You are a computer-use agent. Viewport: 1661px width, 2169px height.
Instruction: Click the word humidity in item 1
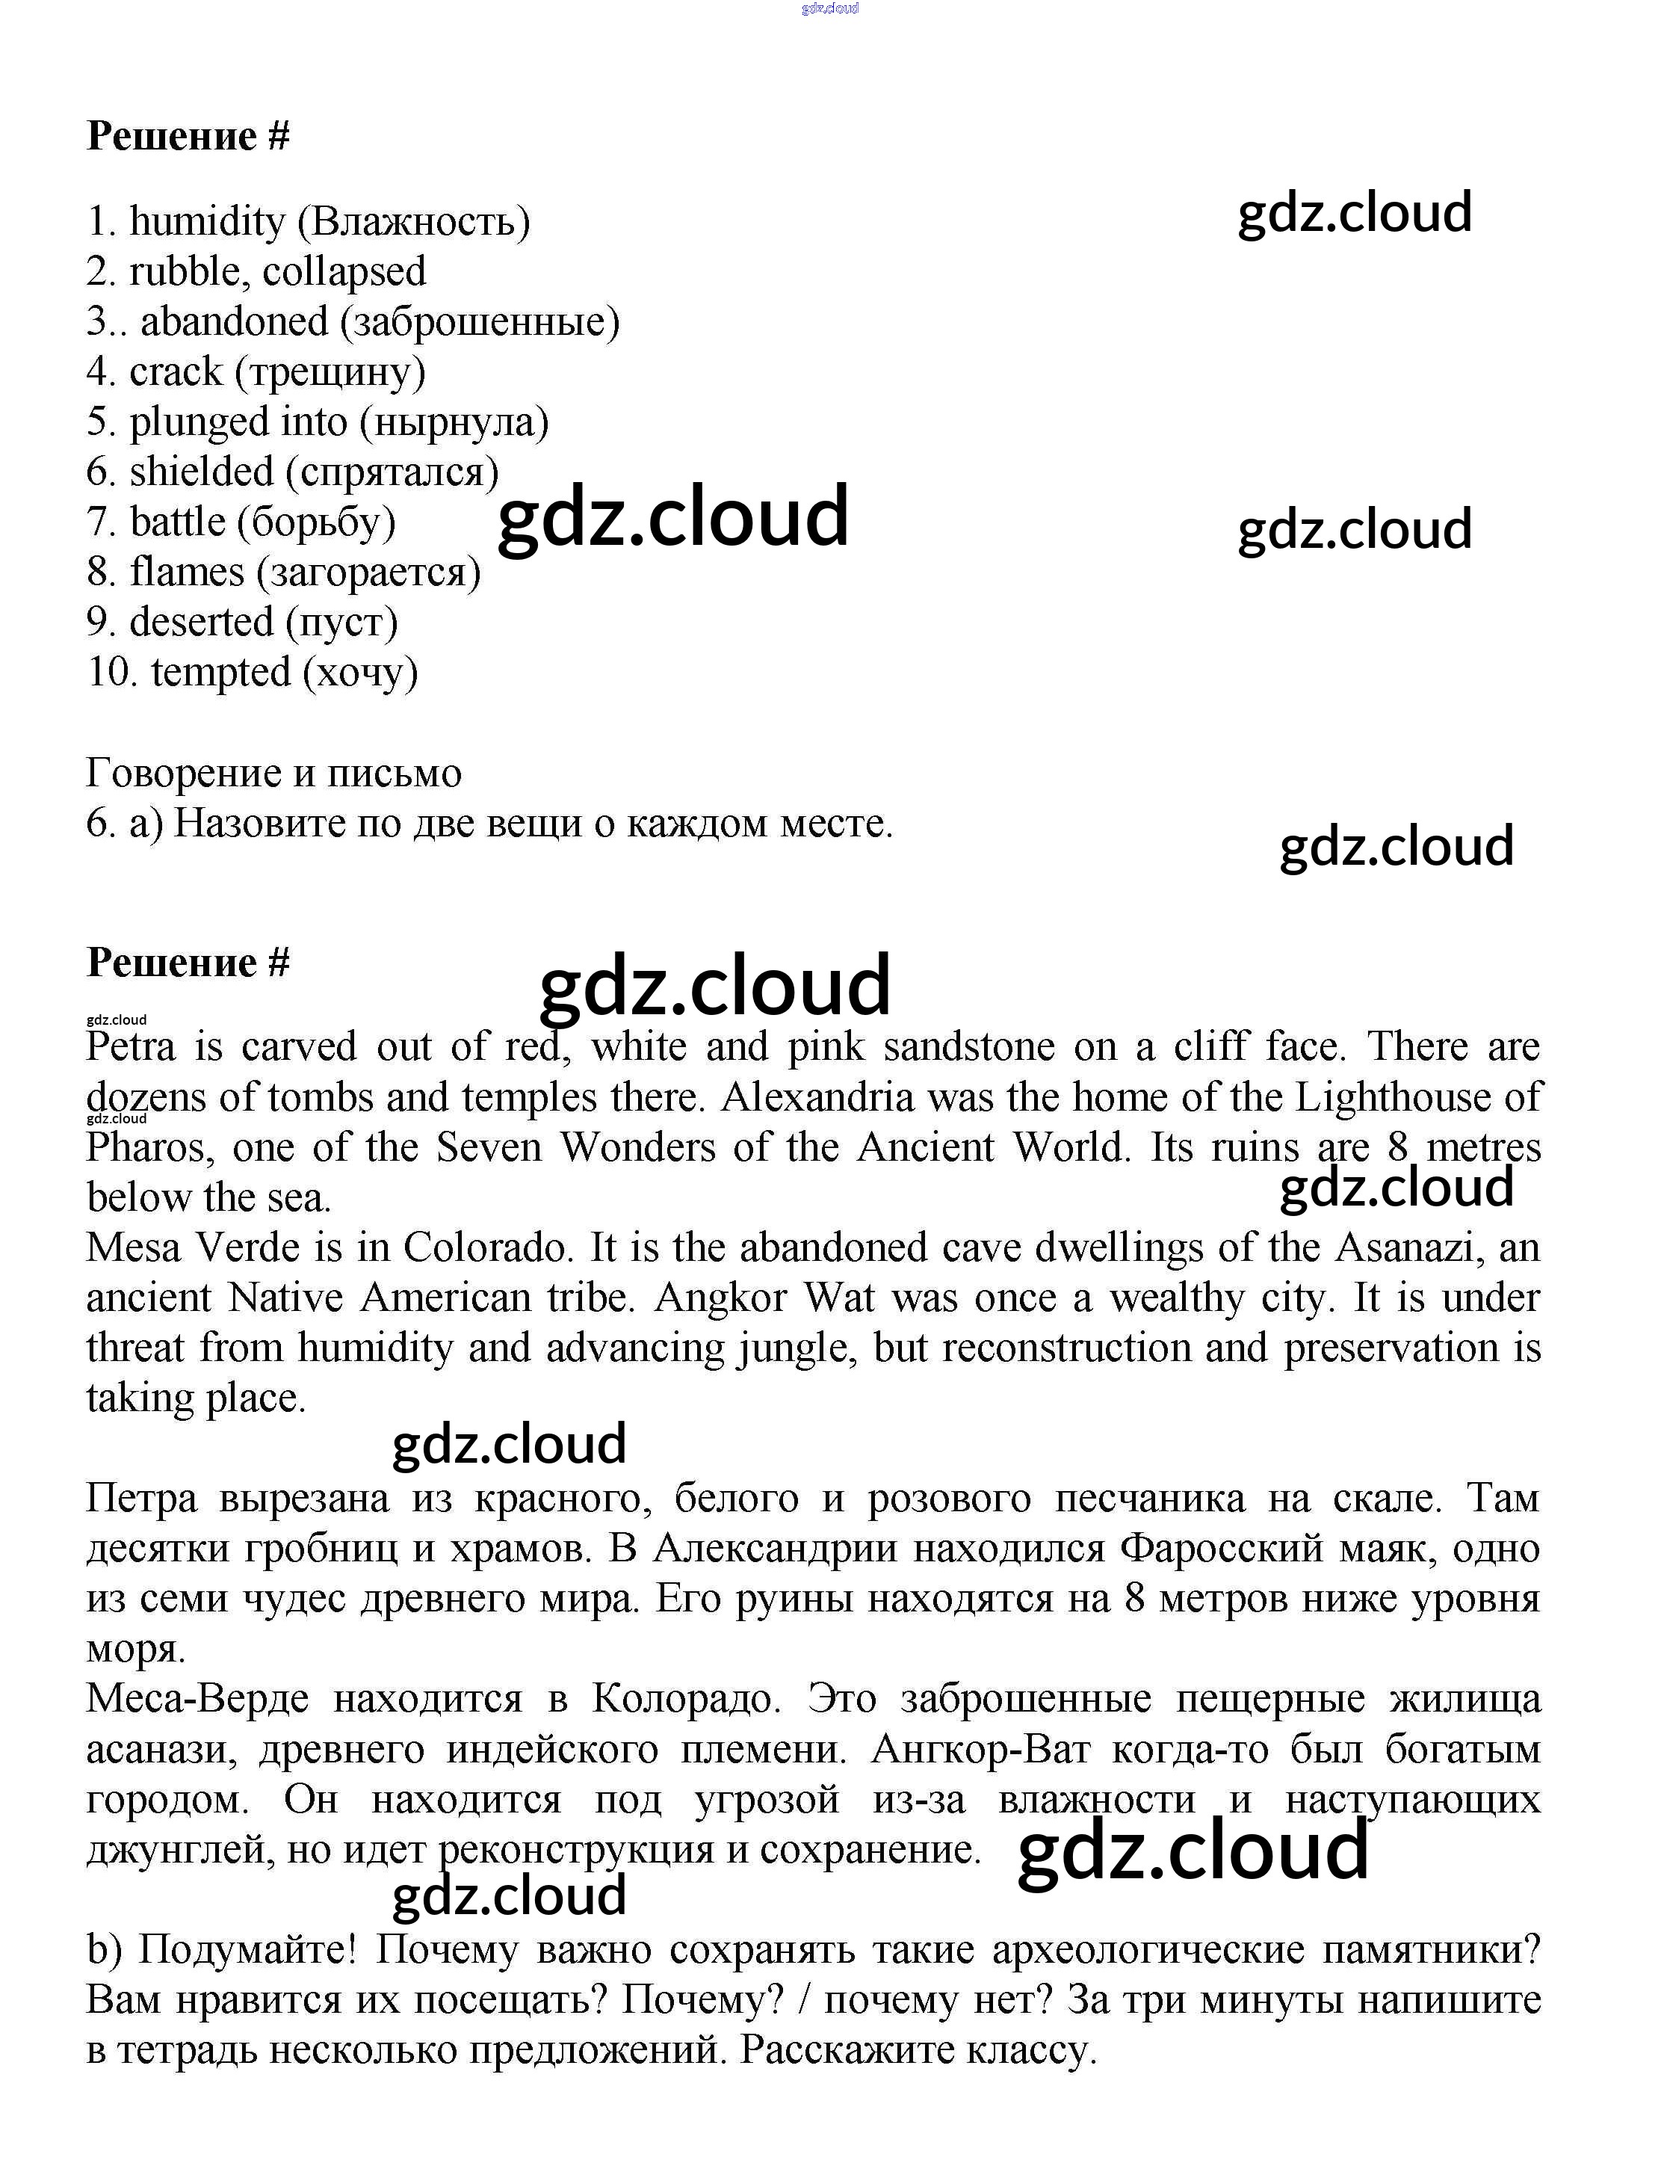[207, 221]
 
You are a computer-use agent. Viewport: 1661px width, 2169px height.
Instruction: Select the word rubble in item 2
[184, 272]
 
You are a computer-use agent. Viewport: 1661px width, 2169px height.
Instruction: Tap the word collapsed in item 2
[344, 272]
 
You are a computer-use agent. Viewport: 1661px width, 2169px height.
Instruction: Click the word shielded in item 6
[201, 472]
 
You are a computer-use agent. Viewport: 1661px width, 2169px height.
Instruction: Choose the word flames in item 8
[187, 572]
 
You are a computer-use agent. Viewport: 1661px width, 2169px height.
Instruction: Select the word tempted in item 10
[220, 673]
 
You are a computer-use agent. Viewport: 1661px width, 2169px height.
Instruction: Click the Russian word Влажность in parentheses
[414, 221]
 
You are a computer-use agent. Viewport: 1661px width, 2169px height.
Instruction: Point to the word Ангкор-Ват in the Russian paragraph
[980, 1750]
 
